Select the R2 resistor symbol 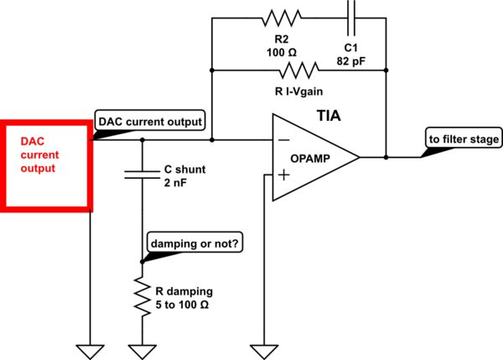pos(276,18)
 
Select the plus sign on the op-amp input pos(283,175)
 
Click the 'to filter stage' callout pos(463,139)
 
